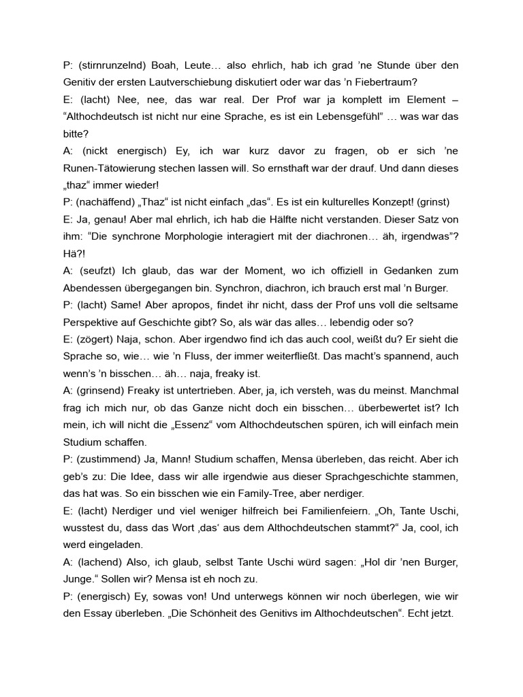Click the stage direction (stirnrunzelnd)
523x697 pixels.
[112, 65]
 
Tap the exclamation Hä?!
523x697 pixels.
[73, 253]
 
